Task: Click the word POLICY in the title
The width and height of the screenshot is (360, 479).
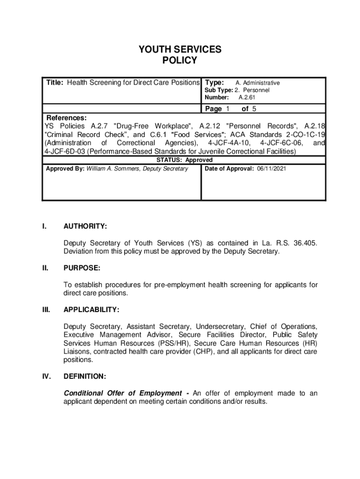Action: (180, 61)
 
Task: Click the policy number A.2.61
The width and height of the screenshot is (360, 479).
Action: (246, 97)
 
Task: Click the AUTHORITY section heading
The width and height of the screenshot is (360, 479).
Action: (85, 227)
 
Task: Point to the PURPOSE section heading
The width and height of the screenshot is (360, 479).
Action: (82, 268)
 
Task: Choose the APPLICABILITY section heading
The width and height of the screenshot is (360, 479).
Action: (91, 310)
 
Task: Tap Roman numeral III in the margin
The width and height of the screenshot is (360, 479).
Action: (46, 310)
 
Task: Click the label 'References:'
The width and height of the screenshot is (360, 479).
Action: (65, 118)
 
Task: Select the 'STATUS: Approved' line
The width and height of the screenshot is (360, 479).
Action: (184, 160)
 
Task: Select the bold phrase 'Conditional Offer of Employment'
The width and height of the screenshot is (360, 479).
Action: (122, 393)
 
